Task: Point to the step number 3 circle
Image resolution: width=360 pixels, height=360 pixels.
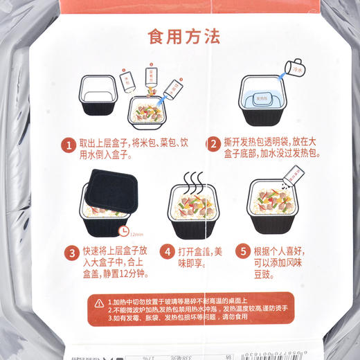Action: [71, 252]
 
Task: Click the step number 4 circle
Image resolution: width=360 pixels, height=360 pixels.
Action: [167, 252]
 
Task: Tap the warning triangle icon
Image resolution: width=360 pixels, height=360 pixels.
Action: [100, 303]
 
